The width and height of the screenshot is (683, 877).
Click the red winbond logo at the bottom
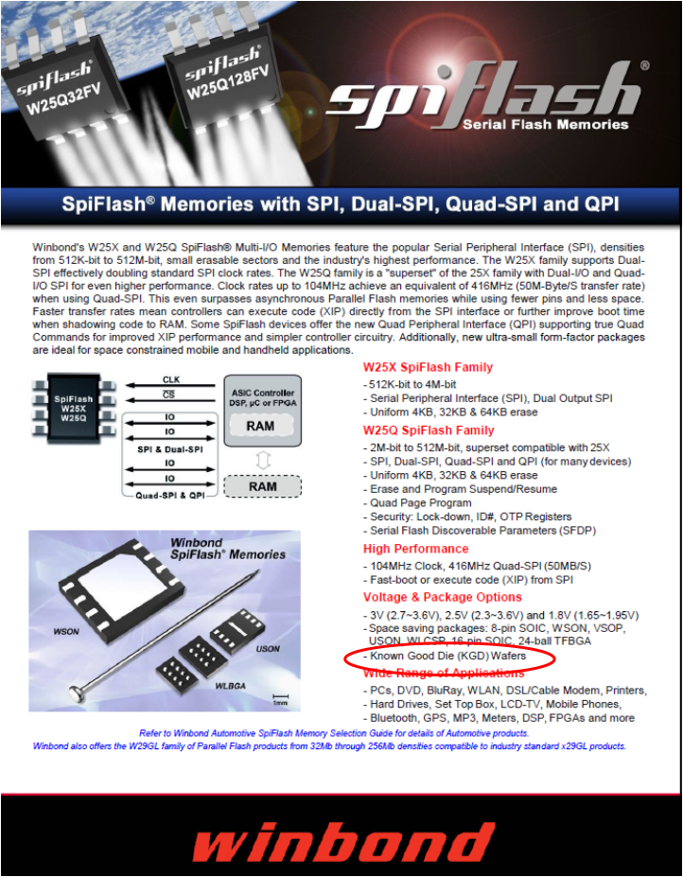[342, 841]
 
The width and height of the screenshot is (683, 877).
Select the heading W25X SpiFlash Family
[428, 367]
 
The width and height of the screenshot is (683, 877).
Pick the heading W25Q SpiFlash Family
[429, 430]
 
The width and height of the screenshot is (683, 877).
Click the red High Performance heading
[415, 549]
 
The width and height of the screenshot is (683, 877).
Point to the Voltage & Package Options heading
[443, 597]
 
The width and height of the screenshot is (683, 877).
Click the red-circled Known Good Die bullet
[448, 656]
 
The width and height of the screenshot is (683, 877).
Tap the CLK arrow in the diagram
[170, 385]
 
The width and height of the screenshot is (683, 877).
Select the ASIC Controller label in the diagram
[263, 393]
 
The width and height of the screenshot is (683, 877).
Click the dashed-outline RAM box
[262, 486]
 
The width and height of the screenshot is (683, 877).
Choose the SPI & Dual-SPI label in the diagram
[170, 449]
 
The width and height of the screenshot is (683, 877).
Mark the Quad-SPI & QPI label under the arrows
[170, 496]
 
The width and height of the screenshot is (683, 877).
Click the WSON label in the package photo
[66, 632]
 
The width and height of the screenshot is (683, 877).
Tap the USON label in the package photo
[268, 649]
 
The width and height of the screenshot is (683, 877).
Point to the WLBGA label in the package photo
[231, 686]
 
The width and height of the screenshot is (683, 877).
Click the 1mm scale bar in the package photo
[280, 697]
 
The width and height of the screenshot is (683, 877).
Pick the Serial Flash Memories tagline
[546, 124]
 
